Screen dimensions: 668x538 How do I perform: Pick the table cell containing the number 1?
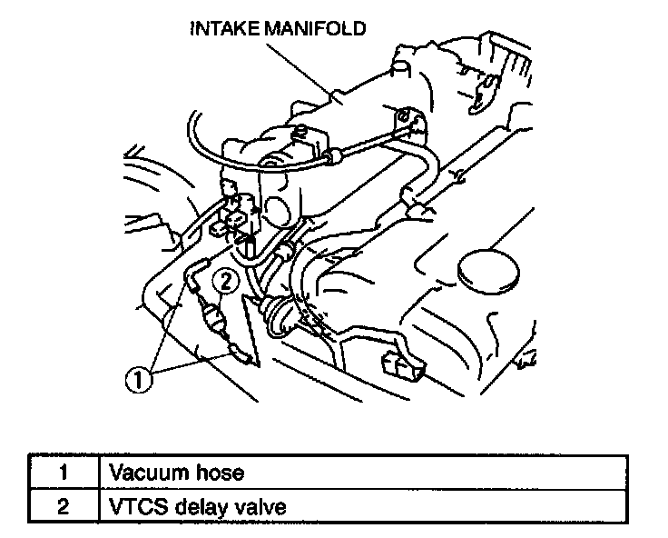click(x=64, y=473)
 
